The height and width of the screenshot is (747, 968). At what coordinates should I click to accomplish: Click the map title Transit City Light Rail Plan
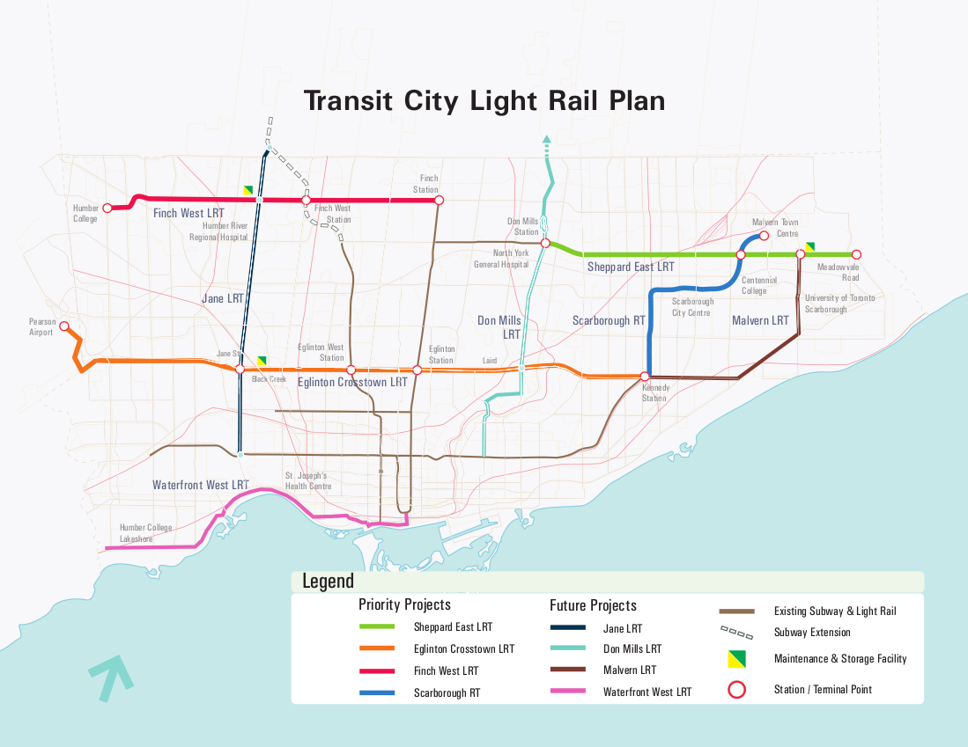click(484, 100)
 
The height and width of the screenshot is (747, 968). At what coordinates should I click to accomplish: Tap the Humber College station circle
click(107, 209)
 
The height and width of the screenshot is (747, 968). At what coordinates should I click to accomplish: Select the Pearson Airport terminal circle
click(63, 326)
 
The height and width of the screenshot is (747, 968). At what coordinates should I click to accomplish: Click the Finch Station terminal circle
click(439, 200)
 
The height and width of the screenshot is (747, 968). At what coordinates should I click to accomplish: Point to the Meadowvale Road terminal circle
click(856, 254)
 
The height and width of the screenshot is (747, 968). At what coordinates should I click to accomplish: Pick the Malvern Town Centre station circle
click(764, 236)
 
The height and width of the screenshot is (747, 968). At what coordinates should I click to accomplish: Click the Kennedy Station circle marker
click(645, 377)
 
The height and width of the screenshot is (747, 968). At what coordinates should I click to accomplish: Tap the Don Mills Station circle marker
click(545, 243)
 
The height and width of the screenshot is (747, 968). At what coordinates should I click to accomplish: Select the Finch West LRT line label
click(188, 213)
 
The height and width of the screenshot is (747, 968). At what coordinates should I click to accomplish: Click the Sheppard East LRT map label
click(631, 267)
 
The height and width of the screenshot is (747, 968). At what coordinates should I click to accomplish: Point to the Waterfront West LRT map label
click(201, 485)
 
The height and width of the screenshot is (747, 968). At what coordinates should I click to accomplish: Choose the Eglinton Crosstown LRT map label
click(352, 383)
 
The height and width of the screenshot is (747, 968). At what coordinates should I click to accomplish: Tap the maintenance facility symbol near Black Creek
click(262, 361)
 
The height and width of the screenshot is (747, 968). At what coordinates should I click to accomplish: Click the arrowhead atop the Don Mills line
click(546, 139)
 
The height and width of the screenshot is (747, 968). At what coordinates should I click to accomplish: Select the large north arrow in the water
click(111, 677)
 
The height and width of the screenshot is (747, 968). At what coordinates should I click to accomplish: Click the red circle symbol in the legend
click(738, 690)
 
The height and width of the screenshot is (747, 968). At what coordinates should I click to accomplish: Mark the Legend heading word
click(328, 581)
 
